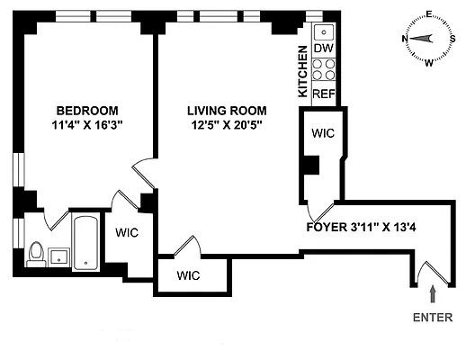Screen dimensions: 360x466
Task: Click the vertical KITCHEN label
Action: pyautogui.click(x=303, y=73)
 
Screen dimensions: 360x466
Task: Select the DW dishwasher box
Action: pyautogui.click(x=324, y=49)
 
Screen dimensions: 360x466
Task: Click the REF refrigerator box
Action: pyautogui.click(x=324, y=92)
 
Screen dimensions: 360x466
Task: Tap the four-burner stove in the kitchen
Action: pyautogui.click(x=324, y=70)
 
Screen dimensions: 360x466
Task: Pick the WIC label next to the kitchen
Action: pyautogui.click(x=323, y=134)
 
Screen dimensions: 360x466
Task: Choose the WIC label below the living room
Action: pyautogui.click(x=188, y=274)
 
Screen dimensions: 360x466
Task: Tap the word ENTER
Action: pyautogui.click(x=433, y=318)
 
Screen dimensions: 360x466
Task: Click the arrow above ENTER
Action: pyautogui.click(x=434, y=293)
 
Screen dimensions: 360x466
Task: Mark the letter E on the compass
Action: pyautogui.click(x=428, y=13)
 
